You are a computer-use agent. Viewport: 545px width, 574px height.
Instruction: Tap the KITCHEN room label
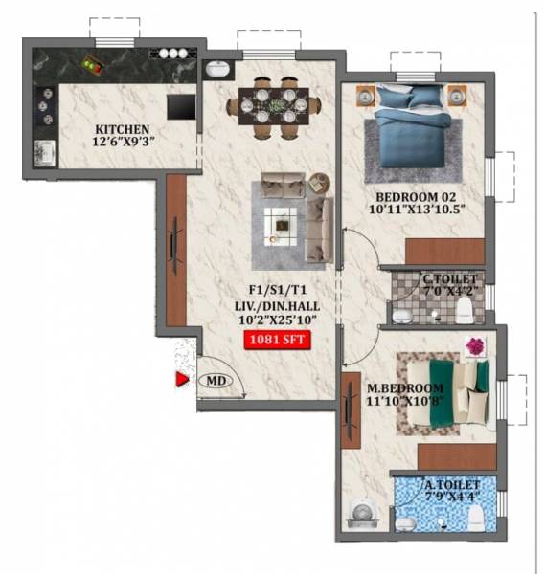(121, 128)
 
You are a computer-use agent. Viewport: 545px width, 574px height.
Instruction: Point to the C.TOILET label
(449, 279)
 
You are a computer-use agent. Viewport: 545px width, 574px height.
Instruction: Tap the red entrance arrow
(179, 380)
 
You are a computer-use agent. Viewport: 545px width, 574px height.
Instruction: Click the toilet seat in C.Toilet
(465, 307)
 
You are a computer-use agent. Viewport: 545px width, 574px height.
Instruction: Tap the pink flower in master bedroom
(473, 346)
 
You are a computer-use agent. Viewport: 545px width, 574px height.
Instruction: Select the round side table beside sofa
(318, 182)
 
